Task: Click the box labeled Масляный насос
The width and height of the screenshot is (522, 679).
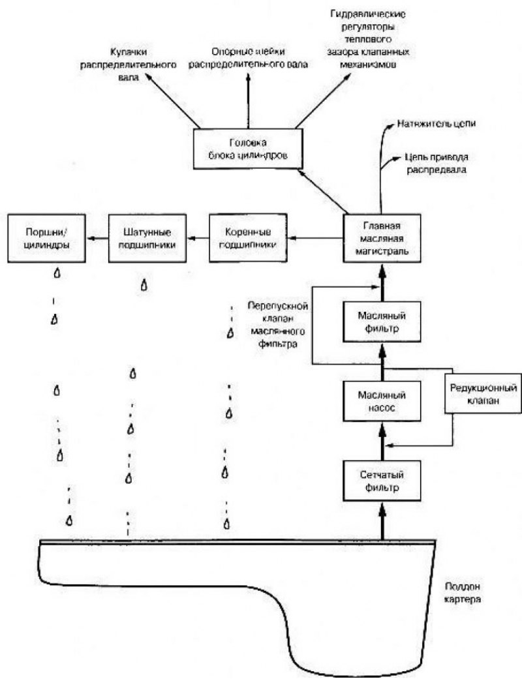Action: tap(382, 401)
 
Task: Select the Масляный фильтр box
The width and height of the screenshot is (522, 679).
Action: tap(382, 322)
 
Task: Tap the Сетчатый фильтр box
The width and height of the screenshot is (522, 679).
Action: tap(382, 481)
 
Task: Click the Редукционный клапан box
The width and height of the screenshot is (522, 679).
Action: tap(483, 393)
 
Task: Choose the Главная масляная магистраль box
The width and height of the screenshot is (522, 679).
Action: tap(382, 237)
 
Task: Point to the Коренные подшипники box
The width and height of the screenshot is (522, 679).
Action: tap(248, 237)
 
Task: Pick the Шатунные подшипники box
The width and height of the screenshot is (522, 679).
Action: tap(147, 237)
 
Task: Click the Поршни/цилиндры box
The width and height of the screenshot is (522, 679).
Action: tap(46, 237)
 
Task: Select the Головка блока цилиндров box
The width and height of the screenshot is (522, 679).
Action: tap(248, 149)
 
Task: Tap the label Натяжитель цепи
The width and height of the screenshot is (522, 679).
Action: tap(437, 123)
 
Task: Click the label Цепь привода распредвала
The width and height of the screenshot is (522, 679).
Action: tap(437, 163)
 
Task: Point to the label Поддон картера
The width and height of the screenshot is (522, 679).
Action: tap(463, 594)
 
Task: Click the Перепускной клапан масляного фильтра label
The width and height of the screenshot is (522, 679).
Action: tap(278, 325)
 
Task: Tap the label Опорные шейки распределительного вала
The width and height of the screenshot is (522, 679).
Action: tap(248, 58)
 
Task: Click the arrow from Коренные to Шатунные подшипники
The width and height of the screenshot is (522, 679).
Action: tap(198, 237)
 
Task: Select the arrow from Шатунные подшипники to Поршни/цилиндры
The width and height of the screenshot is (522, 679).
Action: tap(97, 237)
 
